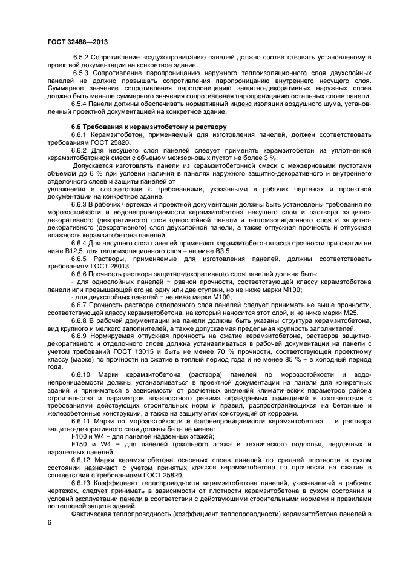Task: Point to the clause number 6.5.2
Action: pos(82,57)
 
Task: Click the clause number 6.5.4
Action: pos(81,104)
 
